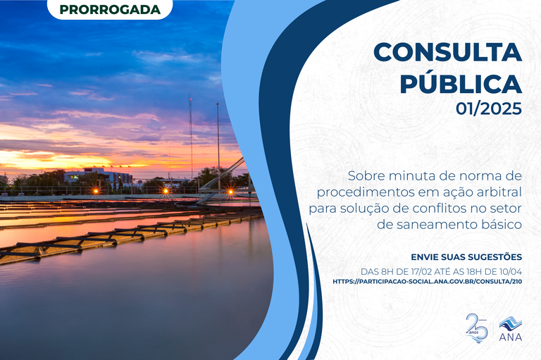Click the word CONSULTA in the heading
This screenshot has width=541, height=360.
coord(447,51)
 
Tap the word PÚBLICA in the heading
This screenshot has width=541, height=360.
coord(461,83)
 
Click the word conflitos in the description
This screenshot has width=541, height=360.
coord(442,208)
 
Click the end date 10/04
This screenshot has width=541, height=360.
coord(509,270)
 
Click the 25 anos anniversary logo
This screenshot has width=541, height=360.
coord(477,327)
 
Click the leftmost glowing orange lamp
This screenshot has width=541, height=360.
coord(96,191)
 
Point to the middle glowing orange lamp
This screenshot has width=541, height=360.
coord(166,190)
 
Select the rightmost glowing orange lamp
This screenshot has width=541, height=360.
coord(230,191)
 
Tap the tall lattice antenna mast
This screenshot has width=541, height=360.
coord(190,137)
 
